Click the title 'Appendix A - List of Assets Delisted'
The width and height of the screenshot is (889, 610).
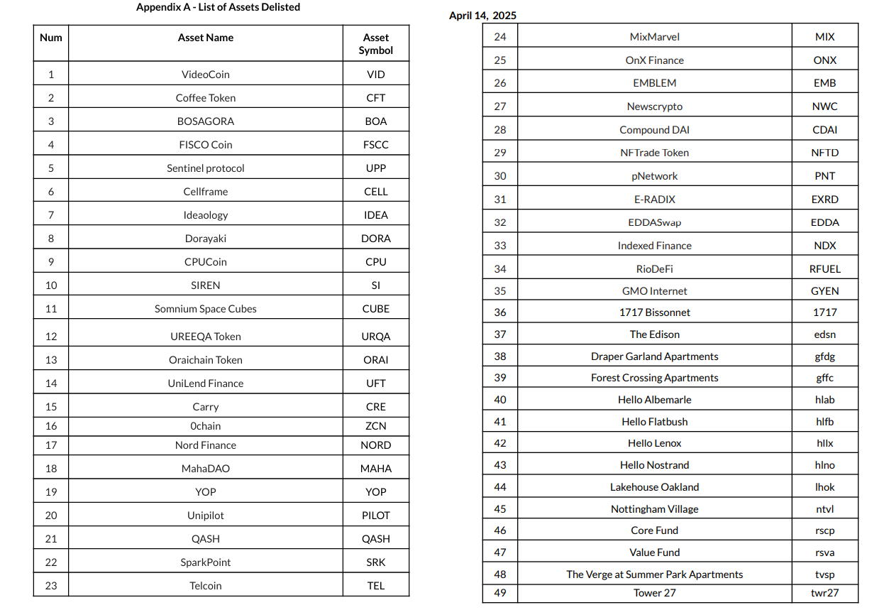(218, 7)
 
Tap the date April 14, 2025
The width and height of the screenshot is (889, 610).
(482, 16)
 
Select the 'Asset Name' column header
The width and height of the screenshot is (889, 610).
(206, 38)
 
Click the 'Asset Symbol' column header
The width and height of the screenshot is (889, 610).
(375, 44)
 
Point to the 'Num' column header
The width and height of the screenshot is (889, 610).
(51, 38)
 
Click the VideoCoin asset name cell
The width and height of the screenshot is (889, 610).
(206, 75)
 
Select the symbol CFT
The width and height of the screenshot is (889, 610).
(375, 98)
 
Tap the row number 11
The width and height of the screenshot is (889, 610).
(51, 309)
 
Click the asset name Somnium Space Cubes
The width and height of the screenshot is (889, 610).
(206, 309)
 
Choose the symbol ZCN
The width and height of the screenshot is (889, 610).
(375, 426)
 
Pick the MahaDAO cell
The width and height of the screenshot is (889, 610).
(206, 469)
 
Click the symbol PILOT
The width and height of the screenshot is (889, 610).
(375, 516)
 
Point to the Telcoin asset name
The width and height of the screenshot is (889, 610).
(206, 586)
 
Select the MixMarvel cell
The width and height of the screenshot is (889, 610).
(654, 37)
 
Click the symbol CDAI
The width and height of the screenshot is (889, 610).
(824, 130)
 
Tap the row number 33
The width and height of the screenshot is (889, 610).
(500, 246)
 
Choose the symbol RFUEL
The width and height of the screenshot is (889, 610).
(824, 269)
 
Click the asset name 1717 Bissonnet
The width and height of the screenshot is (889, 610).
(654, 312)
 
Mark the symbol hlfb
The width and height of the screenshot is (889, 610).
(824, 422)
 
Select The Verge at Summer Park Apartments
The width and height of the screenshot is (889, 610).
(654, 574)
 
